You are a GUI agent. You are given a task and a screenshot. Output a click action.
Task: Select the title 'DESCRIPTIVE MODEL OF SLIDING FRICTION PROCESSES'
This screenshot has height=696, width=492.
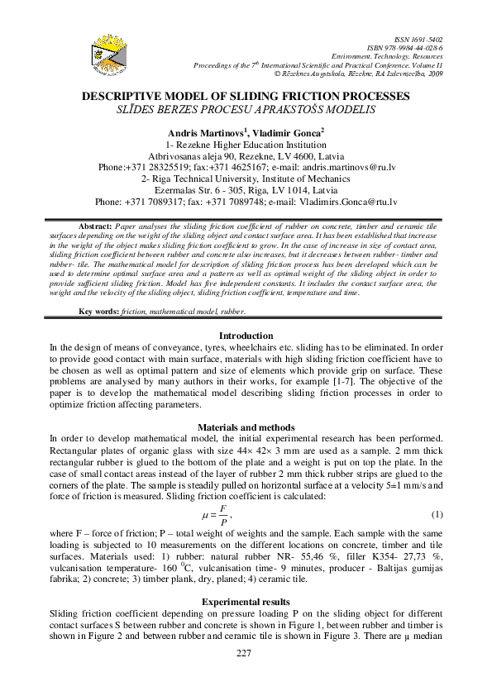click(245, 97)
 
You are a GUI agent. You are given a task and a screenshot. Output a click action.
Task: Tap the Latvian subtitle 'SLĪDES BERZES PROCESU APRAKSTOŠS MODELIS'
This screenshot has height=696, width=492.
click(245, 108)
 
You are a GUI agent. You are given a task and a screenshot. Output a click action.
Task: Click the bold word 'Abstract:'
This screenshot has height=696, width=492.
click(93, 226)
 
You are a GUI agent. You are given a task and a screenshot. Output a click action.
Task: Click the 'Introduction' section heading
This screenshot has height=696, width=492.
click(245, 336)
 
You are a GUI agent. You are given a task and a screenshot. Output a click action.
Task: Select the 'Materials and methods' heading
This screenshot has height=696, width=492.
click(245, 427)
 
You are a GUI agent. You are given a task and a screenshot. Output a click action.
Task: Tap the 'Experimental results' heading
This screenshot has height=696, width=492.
click(245, 601)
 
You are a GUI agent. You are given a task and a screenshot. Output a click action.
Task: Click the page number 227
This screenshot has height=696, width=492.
click(245, 653)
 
